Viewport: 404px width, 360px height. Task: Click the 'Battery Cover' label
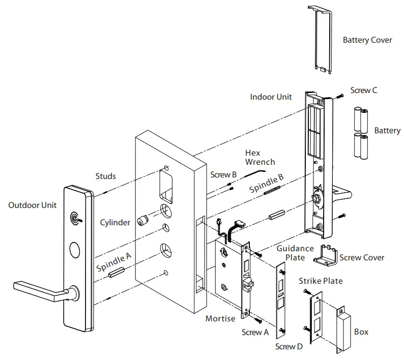click(x=367, y=40)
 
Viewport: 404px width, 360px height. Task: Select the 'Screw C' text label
click(x=364, y=91)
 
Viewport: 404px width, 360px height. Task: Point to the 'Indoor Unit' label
click(x=271, y=97)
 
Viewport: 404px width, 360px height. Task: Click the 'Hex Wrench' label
click(x=259, y=157)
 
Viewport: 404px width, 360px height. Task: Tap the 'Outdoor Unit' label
click(x=33, y=205)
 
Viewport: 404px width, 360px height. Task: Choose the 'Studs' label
click(x=105, y=176)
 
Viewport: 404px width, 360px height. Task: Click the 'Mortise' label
click(x=220, y=318)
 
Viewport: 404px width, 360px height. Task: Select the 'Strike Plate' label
click(x=321, y=281)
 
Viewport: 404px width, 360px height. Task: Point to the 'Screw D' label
click(x=288, y=346)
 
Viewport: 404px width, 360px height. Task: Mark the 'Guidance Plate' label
click(x=295, y=253)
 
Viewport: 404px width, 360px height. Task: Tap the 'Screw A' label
click(x=255, y=332)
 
